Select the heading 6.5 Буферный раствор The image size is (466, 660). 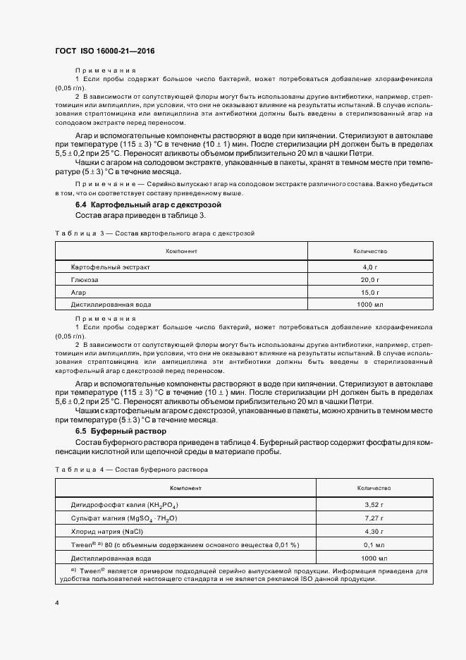tap(121, 430)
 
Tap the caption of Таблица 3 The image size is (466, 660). tap(154, 232)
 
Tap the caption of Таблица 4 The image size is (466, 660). tap(130, 469)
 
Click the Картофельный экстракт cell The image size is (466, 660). tap(111, 267)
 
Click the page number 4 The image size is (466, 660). tap(56, 603)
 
